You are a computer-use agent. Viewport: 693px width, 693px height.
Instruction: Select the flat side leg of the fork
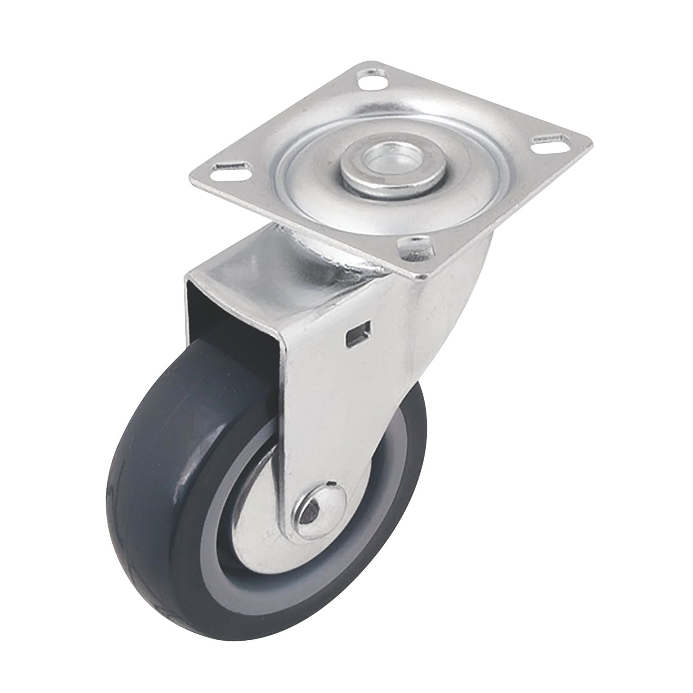pos(342,416)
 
